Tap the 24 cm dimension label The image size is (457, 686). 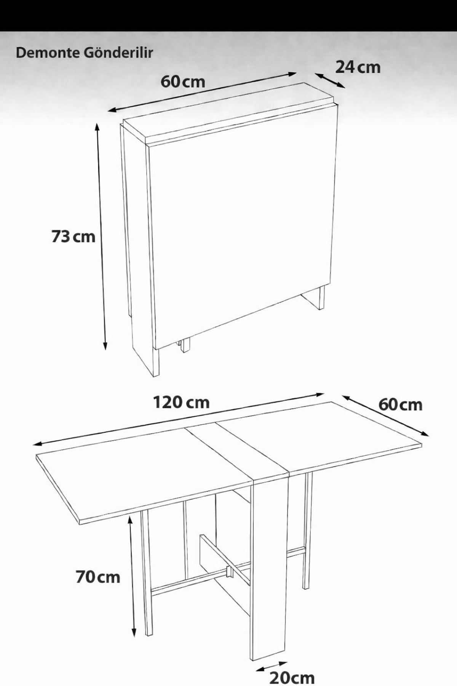coord(358,67)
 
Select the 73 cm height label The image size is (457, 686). coord(73,236)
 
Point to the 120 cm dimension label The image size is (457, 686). coord(181,402)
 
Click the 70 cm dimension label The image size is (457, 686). coord(98,577)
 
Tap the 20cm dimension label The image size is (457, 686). coord(292,677)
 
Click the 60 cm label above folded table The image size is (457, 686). coord(183,81)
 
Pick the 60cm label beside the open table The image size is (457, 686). coord(400,404)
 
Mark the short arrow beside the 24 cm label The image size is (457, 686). coord(330,80)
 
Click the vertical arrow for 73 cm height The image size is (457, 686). coord(102,236)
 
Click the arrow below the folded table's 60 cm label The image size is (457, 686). coord(202,92)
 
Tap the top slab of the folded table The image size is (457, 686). coord(230,113)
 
